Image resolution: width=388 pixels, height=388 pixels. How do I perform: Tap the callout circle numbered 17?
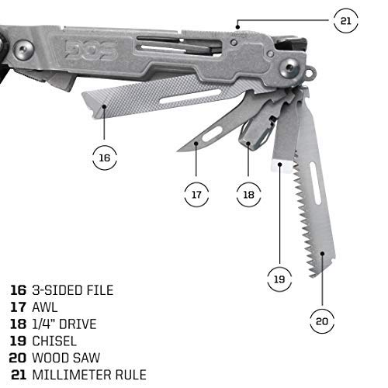tap(196, 194)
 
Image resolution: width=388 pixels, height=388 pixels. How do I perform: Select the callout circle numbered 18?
tap(248, 194)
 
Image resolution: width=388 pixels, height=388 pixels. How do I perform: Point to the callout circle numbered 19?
tap(279, 275)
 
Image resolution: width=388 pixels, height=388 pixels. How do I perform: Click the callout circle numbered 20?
tap(324, 320)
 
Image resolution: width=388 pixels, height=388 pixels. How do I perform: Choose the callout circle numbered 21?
tap(345, 21)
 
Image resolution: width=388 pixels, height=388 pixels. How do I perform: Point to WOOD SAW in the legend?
tap(65, 358)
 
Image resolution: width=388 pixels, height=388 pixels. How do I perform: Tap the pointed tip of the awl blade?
tap(178, 150)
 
